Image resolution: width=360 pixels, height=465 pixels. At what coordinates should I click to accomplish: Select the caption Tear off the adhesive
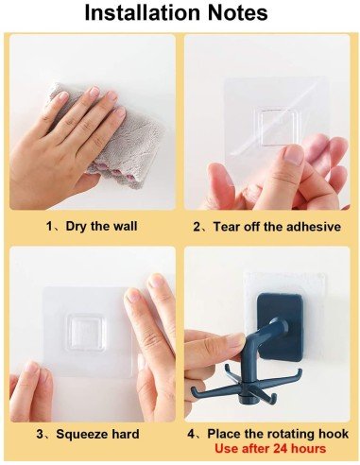click(x=273, y=227)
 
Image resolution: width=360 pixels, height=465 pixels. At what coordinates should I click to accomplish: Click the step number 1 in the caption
click(x=50, y=227)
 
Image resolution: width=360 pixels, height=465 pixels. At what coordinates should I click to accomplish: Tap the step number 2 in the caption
click(x=197, y=227)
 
